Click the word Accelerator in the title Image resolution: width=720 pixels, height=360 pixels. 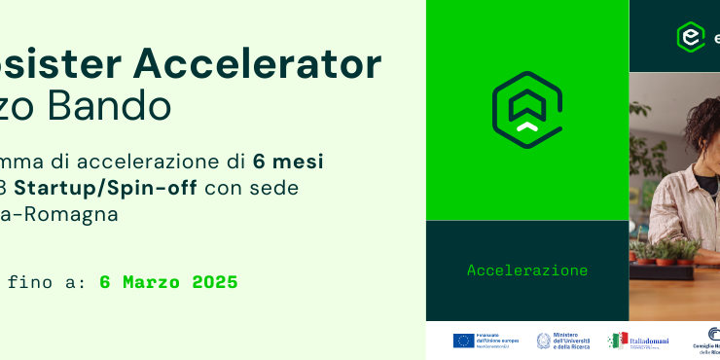[257, 64]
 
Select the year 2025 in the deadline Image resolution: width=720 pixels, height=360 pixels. [215, 283]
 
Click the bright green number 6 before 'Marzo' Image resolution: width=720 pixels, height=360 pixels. [105, 283]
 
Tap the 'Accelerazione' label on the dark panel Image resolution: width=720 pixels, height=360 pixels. [527, 270]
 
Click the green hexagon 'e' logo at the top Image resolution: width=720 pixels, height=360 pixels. [690, 36]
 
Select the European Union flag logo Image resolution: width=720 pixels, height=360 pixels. [463, 341]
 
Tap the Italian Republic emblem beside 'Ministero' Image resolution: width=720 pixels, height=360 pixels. [544, 341]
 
